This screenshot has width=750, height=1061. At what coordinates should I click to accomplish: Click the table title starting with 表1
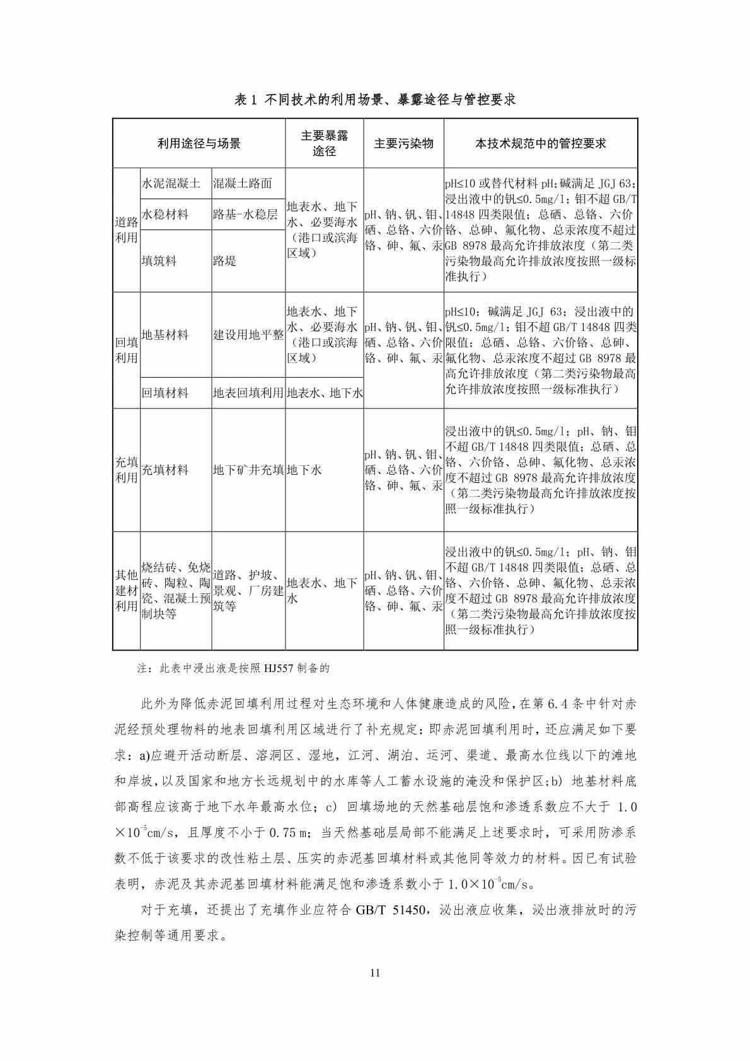[375, 100]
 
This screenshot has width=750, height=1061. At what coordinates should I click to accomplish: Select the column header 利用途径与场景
[199, 143]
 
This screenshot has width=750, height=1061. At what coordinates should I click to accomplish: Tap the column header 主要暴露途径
[325, 143]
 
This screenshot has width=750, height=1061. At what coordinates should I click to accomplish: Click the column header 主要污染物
[403, 143]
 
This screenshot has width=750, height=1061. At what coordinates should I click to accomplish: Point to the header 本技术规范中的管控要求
[541, 143]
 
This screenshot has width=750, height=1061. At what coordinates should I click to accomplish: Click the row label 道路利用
[126, 230]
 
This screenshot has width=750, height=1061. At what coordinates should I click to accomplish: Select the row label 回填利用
[126, 350]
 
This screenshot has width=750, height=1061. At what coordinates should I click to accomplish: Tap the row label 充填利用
[126, 470]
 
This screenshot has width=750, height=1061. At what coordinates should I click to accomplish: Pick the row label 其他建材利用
[126, 591]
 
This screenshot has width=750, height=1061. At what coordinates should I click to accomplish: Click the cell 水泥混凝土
[171, 183]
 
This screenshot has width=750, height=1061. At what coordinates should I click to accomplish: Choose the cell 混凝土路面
[243, 183]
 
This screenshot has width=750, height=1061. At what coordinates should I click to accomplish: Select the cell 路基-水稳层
[245, 214]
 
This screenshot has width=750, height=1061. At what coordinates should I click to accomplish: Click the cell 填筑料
[159, 260]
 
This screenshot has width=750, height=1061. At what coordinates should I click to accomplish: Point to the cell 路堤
[224, 260]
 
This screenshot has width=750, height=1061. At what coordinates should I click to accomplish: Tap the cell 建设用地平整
[248, 335]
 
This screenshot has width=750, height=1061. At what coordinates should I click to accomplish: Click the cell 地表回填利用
[248, 393]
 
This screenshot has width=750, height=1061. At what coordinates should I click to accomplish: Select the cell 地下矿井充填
[248, 470]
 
